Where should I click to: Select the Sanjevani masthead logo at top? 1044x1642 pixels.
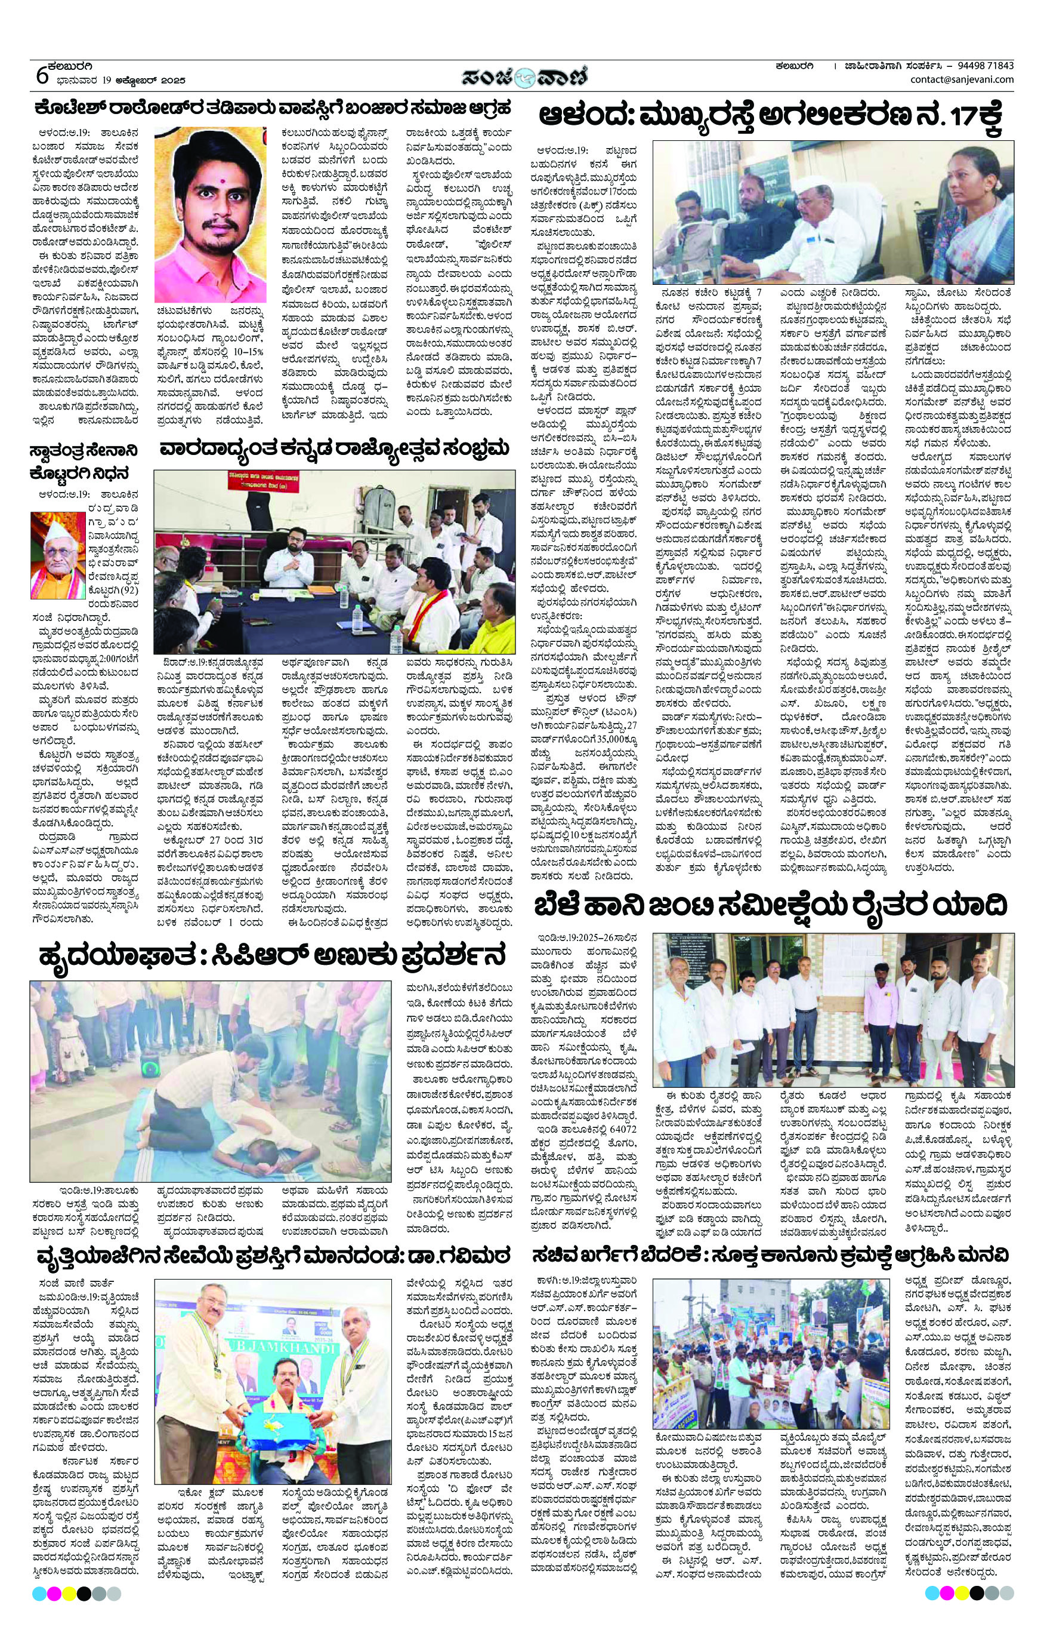point(522,74)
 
